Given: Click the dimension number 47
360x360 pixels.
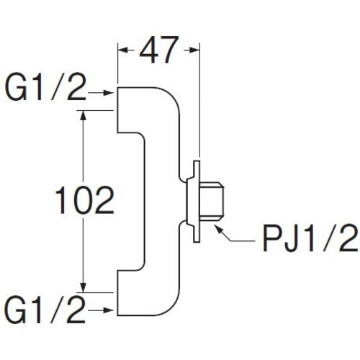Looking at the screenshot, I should [x=157, y=53].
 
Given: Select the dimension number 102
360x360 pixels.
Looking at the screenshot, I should [x=85, y=201].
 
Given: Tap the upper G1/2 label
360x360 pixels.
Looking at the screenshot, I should [x=45, y=92].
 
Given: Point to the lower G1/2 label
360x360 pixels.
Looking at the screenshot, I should [x=45, y=310].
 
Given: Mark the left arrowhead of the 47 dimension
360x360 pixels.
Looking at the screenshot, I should [x=122, y=50].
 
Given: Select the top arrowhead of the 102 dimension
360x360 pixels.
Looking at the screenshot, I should [x=86, y=116].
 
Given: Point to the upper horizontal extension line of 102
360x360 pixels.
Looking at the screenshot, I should [x=97, y=111].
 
